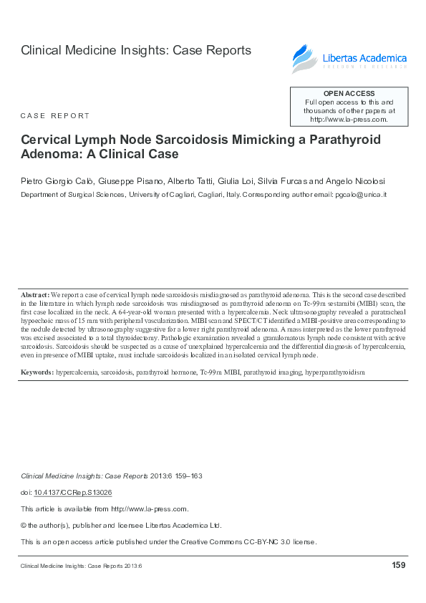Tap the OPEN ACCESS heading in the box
coord(349,94)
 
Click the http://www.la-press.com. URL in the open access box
coord(349,120)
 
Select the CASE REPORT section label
coord(55,115)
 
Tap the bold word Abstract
coord(34,295)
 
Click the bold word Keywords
coord(37,372)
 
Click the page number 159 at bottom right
coord(399,566)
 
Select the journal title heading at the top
coord(136,51)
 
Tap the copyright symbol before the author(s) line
coord(24,526)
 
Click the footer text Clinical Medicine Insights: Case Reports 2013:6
coord(82,566)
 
